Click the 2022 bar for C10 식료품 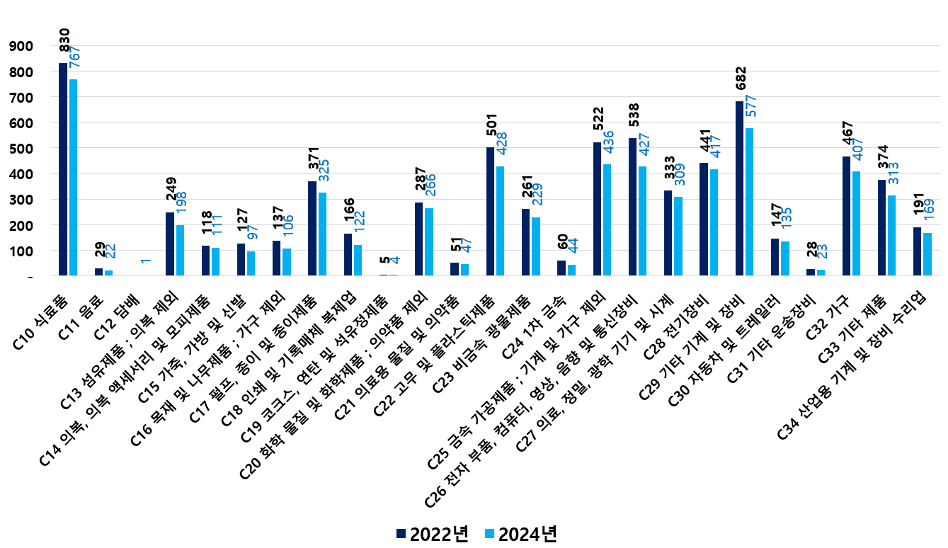[63, 169]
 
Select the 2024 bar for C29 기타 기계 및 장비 [749, 202]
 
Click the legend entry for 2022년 [433, 533]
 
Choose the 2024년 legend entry [521, 533]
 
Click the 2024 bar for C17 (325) [323, 234]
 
